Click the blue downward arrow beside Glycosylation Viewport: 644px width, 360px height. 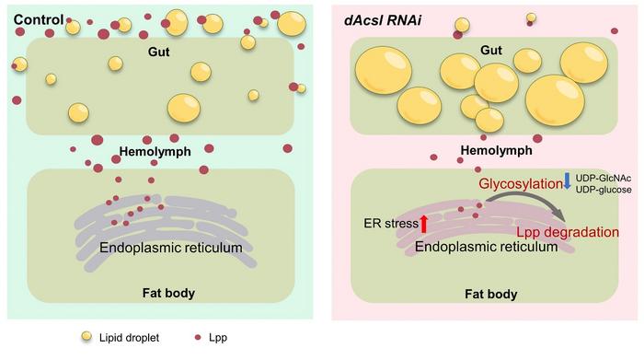(568, 183)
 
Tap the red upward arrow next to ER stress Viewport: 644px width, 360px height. (424, 221)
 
